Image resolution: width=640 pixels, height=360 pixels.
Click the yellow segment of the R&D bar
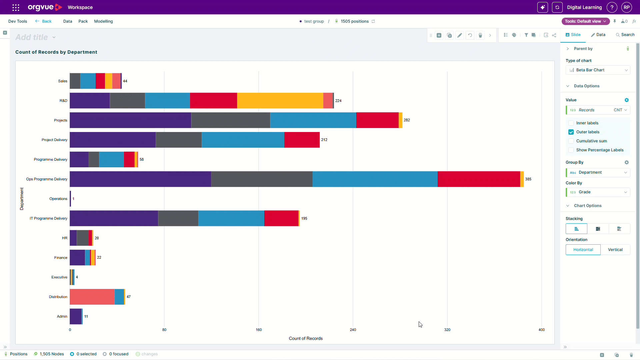[x=280, y=101]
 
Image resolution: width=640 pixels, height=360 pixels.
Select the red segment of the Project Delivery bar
[x=302, y=140]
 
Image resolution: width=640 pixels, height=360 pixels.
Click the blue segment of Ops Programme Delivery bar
[x=375, y=179]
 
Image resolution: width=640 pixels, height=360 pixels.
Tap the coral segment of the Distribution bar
[x=92, y=297]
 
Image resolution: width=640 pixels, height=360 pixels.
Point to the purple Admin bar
[x=76, y=316]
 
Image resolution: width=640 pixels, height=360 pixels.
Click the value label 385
[x=528, y=179]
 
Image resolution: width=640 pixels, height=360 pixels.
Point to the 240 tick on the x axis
[x=353, y=330]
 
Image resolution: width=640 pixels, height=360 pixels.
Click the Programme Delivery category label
[x=51, y=159]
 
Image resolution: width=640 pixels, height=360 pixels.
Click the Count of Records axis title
[x=306, y=338]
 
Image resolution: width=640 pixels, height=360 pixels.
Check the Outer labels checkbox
[x=571, y=132]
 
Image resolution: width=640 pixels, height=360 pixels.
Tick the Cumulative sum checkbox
[x=571, y=141]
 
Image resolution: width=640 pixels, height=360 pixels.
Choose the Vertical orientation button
[x=615, y=250]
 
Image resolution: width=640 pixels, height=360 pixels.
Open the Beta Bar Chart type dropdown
[x=598, y=70]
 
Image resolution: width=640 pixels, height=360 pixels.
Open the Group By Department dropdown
[x=598, y=172]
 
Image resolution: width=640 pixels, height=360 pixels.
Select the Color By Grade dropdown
[x=598, y=192]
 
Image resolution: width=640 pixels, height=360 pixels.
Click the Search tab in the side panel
[x=625, y=35]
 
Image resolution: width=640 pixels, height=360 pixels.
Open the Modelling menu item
[x=103, y=21]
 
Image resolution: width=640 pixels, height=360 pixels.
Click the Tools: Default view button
[x=586, y=21]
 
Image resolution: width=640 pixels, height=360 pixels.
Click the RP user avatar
[x=627, y=7]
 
